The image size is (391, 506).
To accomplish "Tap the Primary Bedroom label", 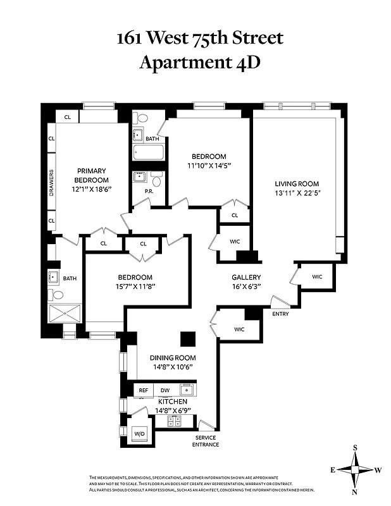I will tap(91, 171).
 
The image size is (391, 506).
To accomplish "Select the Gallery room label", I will tap(246, 278).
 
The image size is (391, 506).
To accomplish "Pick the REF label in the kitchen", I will tap(144, 390).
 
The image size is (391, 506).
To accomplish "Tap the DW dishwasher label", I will tap(164, 390).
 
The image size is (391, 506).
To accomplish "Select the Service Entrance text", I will tap(206, 441).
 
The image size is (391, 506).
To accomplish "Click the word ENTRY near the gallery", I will tap(280, 314).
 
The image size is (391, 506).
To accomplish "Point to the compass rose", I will tap(356, 469).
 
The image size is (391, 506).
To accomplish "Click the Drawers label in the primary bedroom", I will tap(51, 183).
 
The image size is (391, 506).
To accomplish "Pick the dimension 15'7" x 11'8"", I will tap(135, 287).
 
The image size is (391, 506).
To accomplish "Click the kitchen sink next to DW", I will tap(187, 390).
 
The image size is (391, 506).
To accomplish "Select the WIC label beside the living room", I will tap(317, 276).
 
